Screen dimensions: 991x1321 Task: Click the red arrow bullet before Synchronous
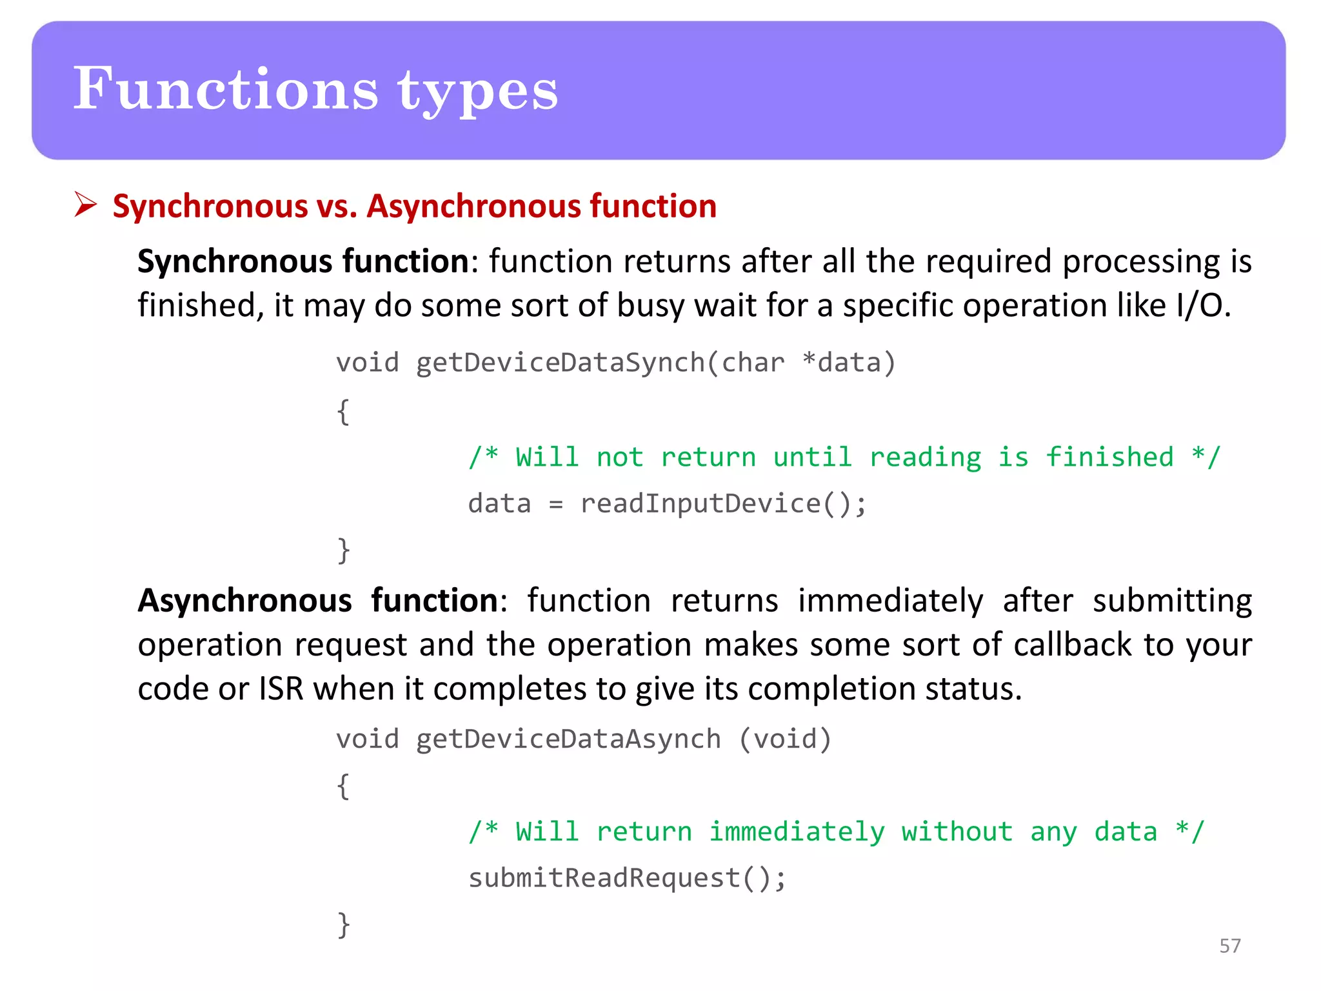[x=85, y=205]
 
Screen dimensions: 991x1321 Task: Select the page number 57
[x=1229, y=946]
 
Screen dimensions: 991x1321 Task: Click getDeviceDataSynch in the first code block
[x=561, y=363]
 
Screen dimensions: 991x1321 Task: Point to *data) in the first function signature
[x=849, y=363]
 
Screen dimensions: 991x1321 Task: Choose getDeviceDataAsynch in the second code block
[x=568, y=739]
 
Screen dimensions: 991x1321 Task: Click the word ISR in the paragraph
[x=281, y=689]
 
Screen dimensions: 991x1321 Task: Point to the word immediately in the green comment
[x=797, y=832]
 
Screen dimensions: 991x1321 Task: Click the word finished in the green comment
[x=1109, y=457]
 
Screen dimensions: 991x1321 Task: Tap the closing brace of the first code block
[x=344, y=551]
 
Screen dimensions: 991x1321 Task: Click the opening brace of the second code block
[x=344, y=786]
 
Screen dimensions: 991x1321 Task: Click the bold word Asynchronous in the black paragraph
[x=245, y=601]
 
